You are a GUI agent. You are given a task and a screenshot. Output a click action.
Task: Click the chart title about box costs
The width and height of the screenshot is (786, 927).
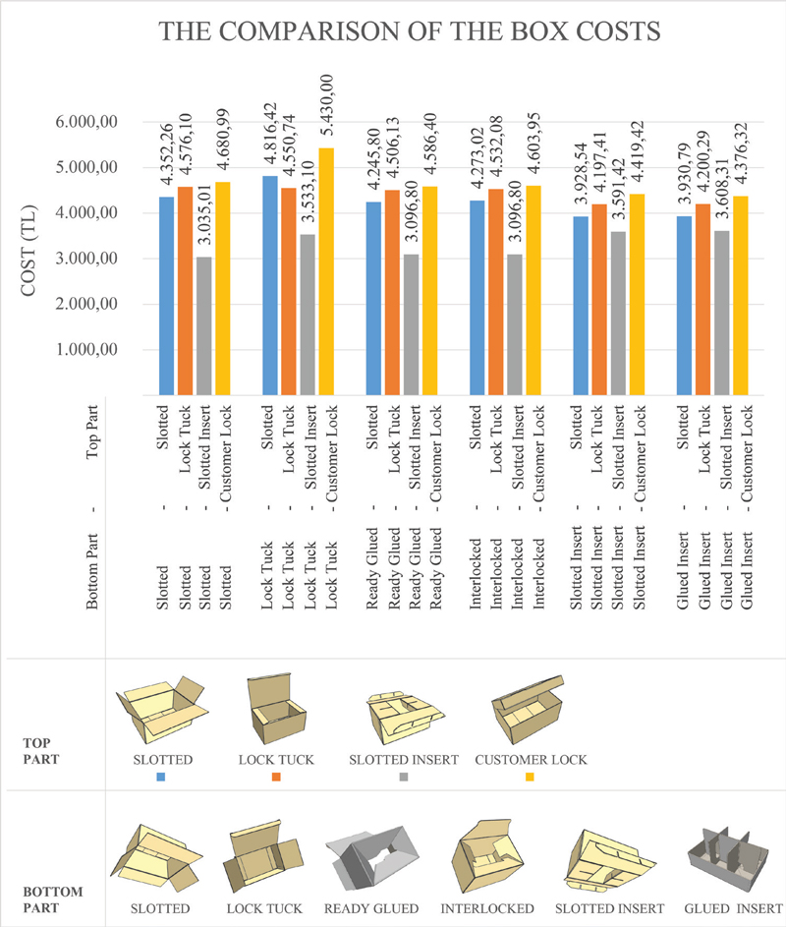410,31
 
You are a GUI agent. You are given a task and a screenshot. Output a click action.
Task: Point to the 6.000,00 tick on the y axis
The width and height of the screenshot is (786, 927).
86,122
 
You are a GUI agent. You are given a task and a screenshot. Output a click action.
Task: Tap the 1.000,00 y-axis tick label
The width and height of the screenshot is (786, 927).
86,349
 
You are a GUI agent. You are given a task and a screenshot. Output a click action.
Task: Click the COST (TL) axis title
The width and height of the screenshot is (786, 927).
28,251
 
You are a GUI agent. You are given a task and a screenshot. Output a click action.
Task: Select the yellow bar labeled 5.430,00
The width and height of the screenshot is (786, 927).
326,271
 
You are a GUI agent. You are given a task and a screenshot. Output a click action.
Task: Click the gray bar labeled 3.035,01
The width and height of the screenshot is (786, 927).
204,325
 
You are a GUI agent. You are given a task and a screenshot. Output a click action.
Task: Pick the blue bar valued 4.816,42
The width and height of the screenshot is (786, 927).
270,285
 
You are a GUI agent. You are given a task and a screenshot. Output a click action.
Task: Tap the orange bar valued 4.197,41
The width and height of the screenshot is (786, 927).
599,300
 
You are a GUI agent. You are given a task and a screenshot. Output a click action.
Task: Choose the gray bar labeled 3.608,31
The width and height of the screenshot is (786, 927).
721,313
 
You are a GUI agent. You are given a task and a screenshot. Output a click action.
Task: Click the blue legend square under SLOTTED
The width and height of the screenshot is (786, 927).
161,777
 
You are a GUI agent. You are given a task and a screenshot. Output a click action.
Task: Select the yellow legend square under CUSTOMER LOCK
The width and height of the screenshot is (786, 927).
530,777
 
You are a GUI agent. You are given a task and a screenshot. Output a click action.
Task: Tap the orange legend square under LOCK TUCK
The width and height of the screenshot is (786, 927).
276,777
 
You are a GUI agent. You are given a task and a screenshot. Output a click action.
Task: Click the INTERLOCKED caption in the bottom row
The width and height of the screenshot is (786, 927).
487,908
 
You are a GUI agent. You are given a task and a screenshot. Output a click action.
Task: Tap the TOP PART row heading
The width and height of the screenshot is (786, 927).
41,751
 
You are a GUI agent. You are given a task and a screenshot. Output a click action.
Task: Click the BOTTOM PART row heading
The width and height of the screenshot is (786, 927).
53,899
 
